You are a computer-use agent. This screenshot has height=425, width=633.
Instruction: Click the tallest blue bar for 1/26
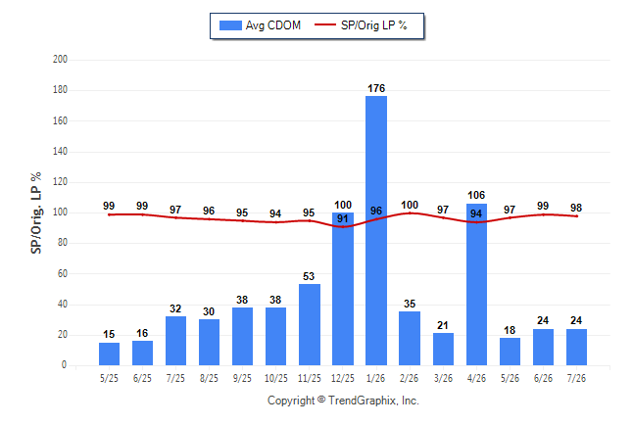pyautogui.click(x=376, y=230)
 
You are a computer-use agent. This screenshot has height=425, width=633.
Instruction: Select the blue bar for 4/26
pyautogui.click(x=476, y=285)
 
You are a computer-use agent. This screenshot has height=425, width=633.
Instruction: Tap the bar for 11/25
pyautogui.click(x=310, y=324)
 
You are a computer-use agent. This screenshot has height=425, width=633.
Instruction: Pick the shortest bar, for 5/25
pyautogui.click(x=109, y=354)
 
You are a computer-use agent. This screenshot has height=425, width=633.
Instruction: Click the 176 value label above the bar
pyautogui.click(x=376, y=88)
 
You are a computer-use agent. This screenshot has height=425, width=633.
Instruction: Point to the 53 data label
pyautogui.click(x=309, y=276)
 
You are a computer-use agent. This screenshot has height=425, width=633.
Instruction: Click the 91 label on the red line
pyautogui.click(x=342, y=218)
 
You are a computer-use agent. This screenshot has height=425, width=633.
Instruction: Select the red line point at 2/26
pyautogui.click(x=410, y=212)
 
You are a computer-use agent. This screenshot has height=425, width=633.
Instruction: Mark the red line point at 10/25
pyautogui.click(x=275, y=222)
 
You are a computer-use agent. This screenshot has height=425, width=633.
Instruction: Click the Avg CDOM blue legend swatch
pyautogui.click(x=230, y=25)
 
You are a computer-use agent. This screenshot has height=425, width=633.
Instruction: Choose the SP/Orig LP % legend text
pyautogui.click(x=374, y=25)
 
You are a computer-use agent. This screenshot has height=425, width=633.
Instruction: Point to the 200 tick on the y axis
pyautogui.click(x=60, y=60)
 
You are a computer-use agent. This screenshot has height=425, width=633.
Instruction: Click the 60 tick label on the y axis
pyautogui.click(x=63, y=273)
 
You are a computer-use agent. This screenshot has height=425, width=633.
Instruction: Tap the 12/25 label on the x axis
pyautogui.click(x=343, y=378)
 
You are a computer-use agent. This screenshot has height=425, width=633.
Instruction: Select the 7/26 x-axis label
pyautogui.click(x=576, y=378)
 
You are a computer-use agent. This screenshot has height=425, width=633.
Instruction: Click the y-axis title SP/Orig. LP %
pyautogui.click(x=36, y=212)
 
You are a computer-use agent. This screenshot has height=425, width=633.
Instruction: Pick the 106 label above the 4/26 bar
pyautogui.click(x=476, y=195)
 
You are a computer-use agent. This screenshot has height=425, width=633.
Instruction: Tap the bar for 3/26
pyautogui.click(x=443, y=350)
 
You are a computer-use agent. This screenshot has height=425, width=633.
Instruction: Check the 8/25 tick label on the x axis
pyautogui.click(x=209, y=378)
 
